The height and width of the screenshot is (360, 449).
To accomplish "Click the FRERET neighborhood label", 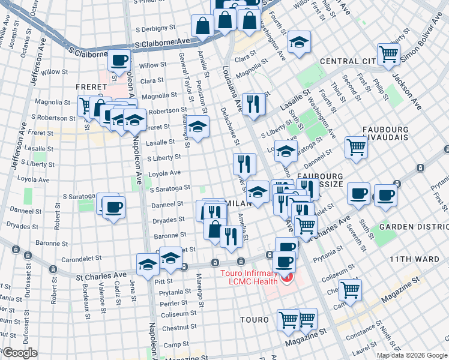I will point(91,87).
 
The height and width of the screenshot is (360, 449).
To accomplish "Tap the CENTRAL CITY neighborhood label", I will point(348,61).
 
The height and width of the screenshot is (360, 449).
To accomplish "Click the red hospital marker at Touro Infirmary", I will point(287,277).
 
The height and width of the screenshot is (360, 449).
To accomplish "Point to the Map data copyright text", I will point(412,355).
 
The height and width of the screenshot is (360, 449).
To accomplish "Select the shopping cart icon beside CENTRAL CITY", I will point(389,54).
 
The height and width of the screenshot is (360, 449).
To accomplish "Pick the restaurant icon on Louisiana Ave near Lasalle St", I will point(253,103).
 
